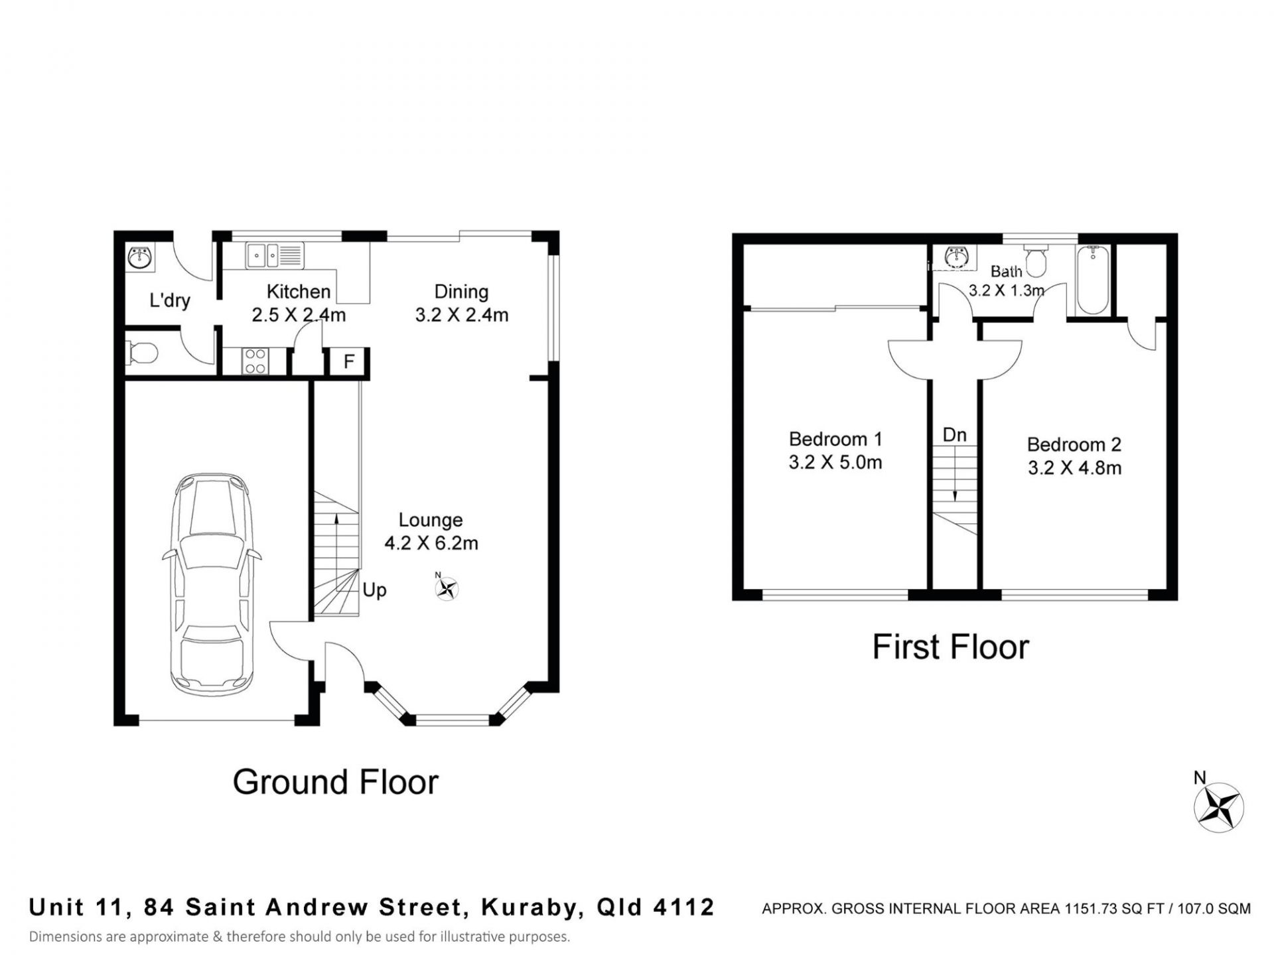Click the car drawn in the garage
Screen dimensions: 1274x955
point(212,584)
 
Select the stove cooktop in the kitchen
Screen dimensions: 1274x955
point(255,361)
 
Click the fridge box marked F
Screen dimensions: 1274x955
point(349,362)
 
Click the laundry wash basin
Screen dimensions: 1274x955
point(140,257)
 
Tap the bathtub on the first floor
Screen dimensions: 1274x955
point(1091,279)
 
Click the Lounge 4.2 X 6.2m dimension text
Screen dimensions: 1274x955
point(431,543)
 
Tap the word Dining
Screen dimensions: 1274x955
point(461,292)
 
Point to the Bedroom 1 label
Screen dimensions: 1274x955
point(835,439)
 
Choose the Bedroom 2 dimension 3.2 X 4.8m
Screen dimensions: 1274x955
point(1075,468)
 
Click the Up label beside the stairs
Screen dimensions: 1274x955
point(374,590)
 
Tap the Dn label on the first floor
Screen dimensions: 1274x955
point(954,435)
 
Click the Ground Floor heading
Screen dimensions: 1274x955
point(336,782)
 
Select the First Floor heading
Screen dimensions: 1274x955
point(951,647)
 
